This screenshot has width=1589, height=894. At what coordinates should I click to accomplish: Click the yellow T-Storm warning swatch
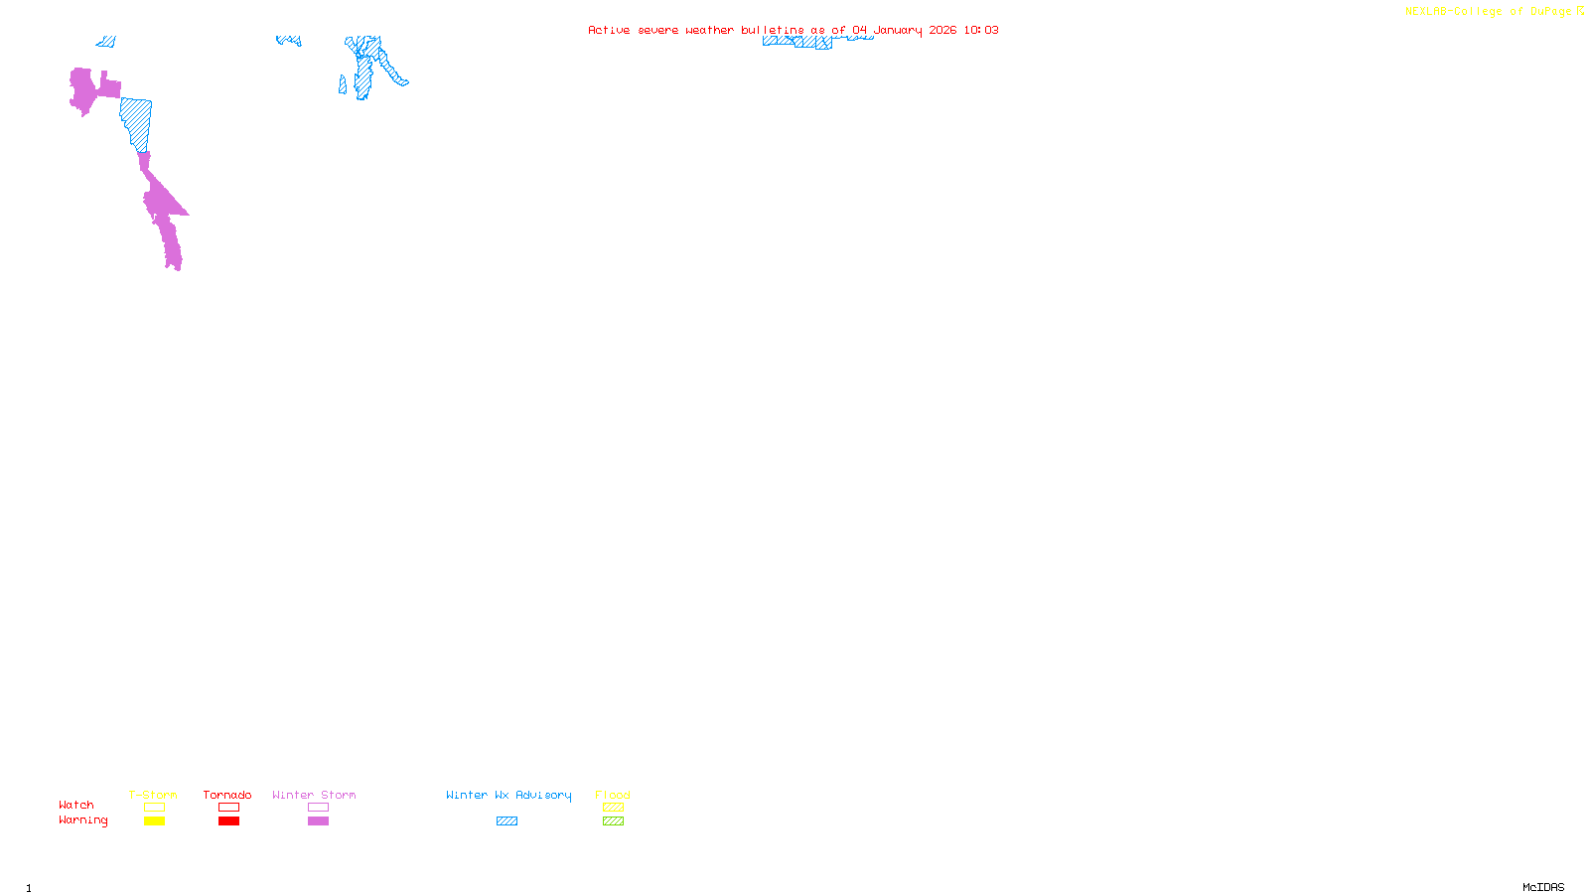pyautogui.click(x=154, y=821)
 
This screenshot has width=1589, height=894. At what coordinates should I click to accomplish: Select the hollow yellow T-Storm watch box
pyautogui.click(x=154, y=808)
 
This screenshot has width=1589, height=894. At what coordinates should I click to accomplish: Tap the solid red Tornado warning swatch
pyautogui.click(x=228, y=821)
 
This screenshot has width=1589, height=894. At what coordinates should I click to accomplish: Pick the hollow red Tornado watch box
pyautogui.click(x=228, y=808)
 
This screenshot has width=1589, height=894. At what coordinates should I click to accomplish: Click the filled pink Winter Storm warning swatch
pyautogui.click(x=318, y=821)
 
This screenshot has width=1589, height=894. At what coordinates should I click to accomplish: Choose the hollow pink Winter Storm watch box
pyautogui.click(x=318, y=808)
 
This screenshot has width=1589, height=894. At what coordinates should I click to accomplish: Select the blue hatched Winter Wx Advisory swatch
pyautogui.click(x=506, y=821)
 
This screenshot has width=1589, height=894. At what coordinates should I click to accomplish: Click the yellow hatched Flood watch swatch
pyautogui.click(x=613, y=808)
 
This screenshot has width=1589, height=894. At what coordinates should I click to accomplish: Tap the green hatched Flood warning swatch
pyautogui.click(x=613, y=821)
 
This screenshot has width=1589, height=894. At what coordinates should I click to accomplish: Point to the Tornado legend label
pyautogui.click(x=227, y=795)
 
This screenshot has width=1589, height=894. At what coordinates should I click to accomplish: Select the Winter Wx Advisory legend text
pyautogui.click(x=508, y=795)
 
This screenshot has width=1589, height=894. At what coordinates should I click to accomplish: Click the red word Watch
pyautogui.click(x=76, y=805)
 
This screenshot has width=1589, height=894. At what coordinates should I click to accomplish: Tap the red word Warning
pyautogui.click(x=82, y=820)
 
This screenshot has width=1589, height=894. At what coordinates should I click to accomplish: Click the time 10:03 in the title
pyautogui.click(x=981, y=30)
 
